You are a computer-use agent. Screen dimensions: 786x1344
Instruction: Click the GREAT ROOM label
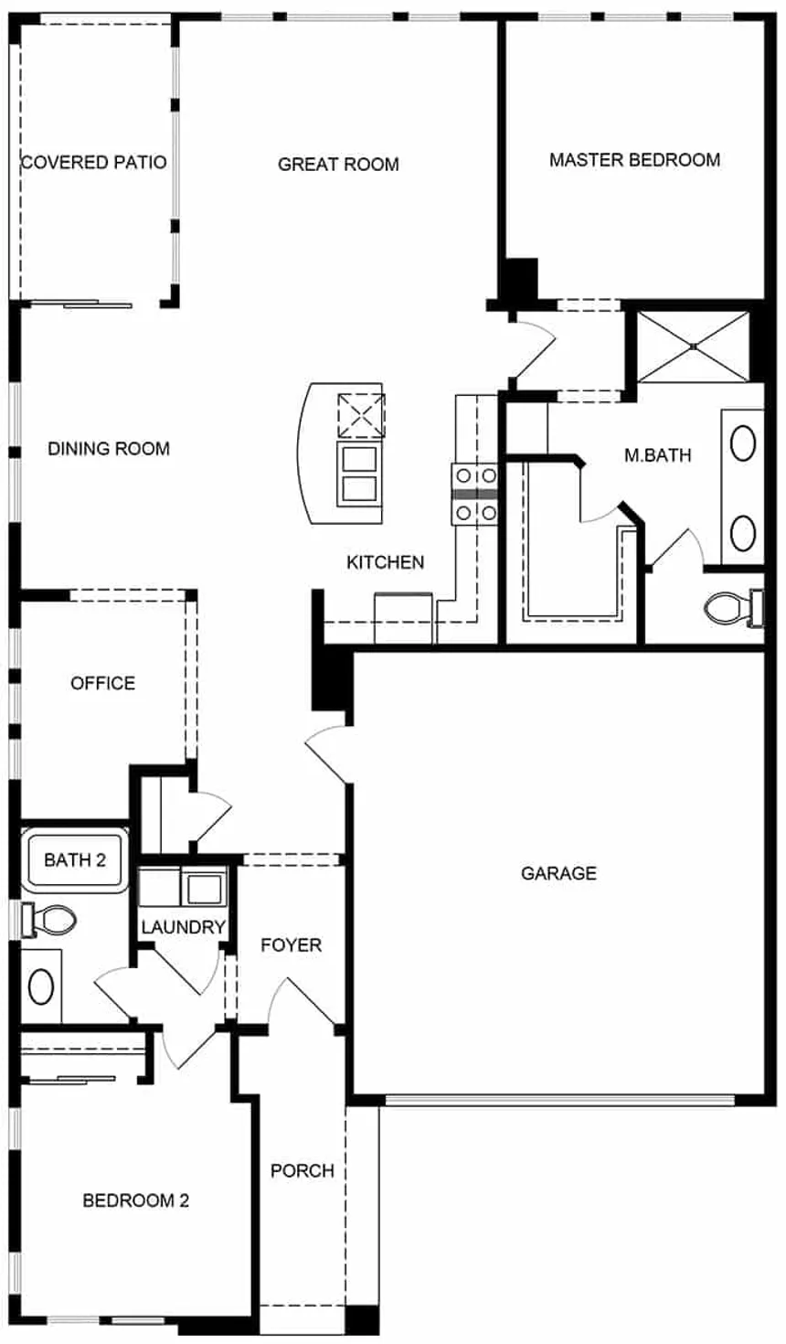pos(338,164)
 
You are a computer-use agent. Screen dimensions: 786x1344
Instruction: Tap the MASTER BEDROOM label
pos(635,160)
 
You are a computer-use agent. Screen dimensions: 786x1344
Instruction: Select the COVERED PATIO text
pos(93,162)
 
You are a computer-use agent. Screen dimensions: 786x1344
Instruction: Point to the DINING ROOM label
pos(109,448)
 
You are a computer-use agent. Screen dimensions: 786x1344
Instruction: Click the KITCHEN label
pos(385,562)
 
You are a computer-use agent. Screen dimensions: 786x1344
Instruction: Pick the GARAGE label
pos(558,873)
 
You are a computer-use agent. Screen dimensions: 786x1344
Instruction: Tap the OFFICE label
pos(102,683)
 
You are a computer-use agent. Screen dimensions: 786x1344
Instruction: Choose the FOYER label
pos(291,945)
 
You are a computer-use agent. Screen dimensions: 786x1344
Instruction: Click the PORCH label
pos(303,1170)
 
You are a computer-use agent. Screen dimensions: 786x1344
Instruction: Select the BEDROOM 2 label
pos(135,1200)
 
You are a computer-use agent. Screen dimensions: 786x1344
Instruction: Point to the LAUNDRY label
pos(183,927)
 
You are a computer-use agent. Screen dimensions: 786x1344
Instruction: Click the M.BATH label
pos(658,455)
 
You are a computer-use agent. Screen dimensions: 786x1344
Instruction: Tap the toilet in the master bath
pos(734,608)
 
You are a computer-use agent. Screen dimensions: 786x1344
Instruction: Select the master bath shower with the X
pos(693,347)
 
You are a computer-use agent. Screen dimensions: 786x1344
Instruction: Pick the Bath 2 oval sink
pos(41,987)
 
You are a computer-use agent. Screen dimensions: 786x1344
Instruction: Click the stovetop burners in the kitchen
pos(476,494)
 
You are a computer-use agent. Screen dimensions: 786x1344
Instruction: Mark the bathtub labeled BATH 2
pos(75,859)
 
